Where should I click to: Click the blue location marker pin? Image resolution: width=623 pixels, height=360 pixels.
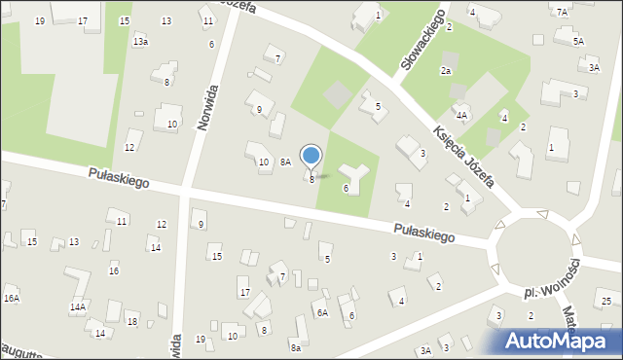(x=311, y=156)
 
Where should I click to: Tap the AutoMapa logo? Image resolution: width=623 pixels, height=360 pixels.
(x=561, y=342)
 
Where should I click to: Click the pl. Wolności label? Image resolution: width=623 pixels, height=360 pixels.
(x=552, y=279)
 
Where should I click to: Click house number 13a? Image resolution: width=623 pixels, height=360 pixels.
(x=141, y=42)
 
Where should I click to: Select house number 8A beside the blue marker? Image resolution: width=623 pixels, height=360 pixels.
(x=285, y=162)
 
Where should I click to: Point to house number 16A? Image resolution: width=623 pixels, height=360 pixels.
(x=12, y=299)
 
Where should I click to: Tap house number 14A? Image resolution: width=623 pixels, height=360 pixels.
(x=78, y=307)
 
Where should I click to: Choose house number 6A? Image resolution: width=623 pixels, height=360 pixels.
(x=321, y=313)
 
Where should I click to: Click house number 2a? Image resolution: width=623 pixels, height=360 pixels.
(x=446, y=71)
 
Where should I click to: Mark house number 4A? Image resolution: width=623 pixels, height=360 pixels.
(x=462, y=115)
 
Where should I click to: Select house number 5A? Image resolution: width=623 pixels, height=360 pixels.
(x=578, y=42)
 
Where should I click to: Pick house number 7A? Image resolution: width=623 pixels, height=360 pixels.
(x=562, y=12)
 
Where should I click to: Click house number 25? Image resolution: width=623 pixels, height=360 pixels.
(x=605, y=302)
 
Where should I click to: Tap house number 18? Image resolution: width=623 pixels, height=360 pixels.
(x=132, y=322)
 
